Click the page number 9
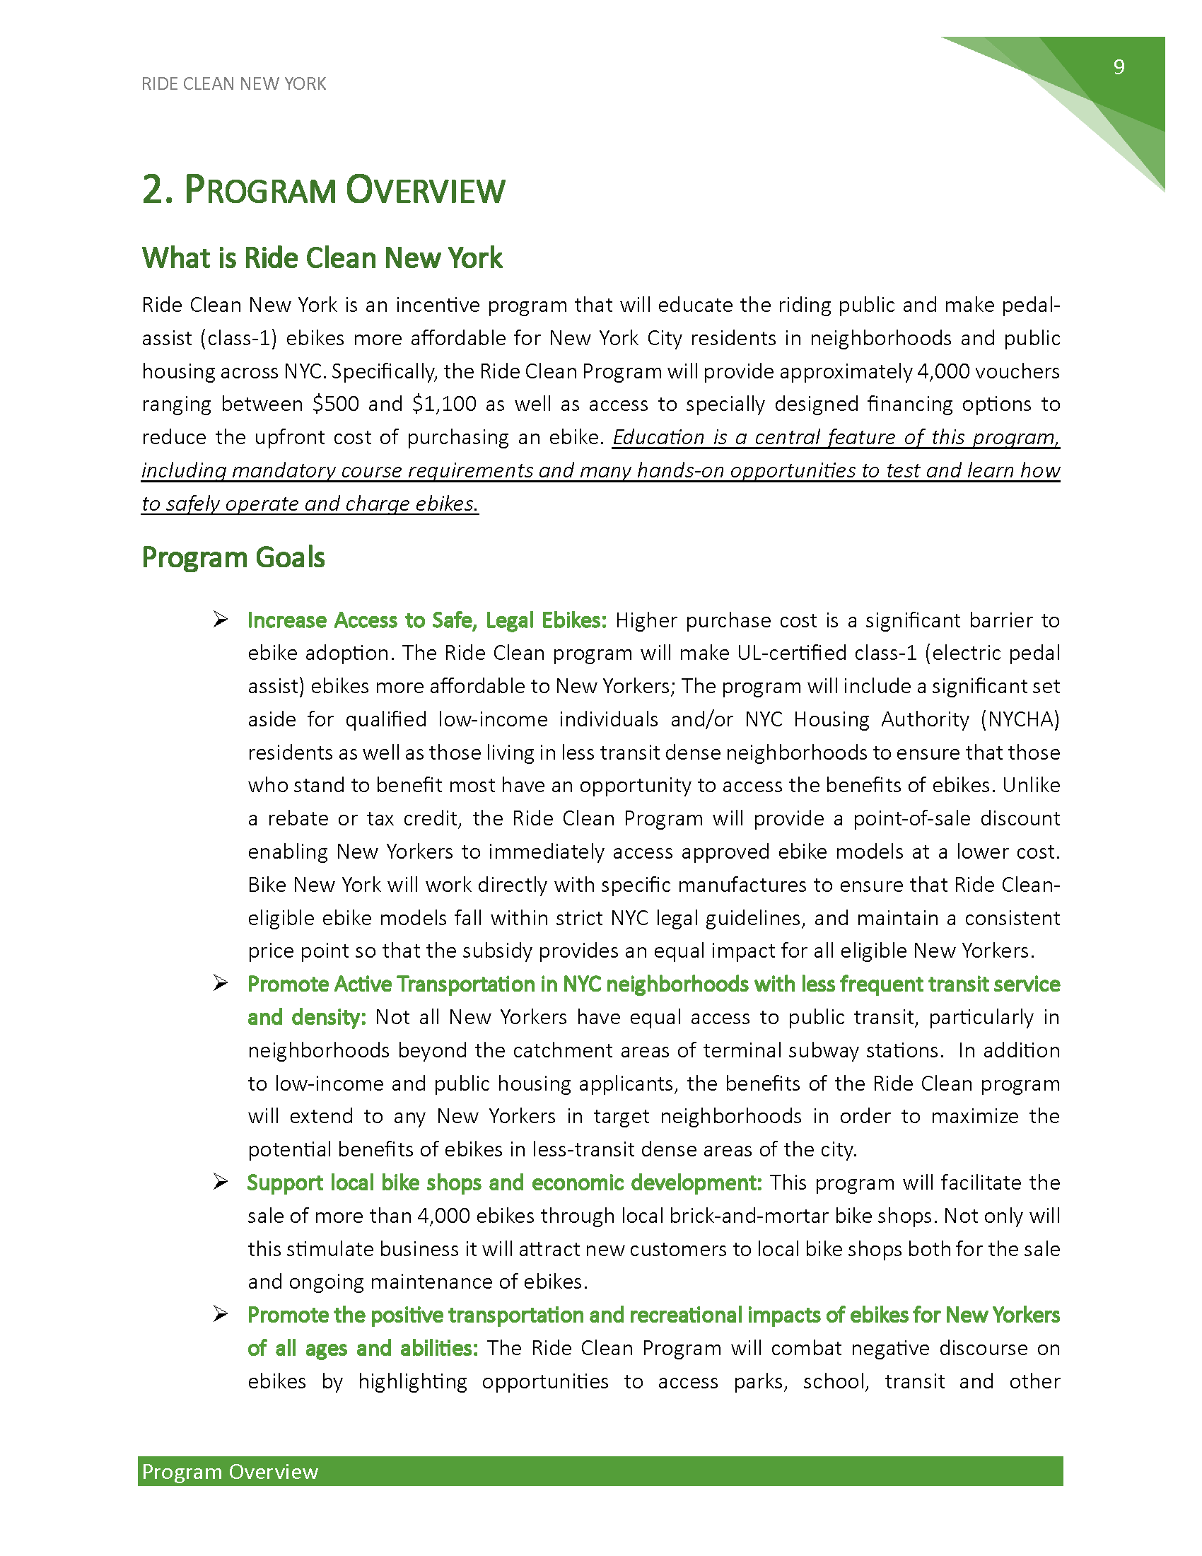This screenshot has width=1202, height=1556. (1119, 67)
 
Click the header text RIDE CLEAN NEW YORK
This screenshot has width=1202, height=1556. (233, 84)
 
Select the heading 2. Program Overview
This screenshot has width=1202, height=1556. (323, 190)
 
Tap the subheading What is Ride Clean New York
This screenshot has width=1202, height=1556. (322, 258)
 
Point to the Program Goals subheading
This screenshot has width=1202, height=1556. (233, 557)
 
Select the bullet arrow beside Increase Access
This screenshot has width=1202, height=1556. (220, 620)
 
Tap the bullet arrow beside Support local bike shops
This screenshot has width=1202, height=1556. (220, 1183)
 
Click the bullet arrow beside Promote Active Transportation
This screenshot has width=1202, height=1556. (220, 984)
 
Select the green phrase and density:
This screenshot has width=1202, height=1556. (307, 1017)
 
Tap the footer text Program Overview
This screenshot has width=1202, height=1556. (230, 1472)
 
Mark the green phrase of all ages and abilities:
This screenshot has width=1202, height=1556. (363, 1349)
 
